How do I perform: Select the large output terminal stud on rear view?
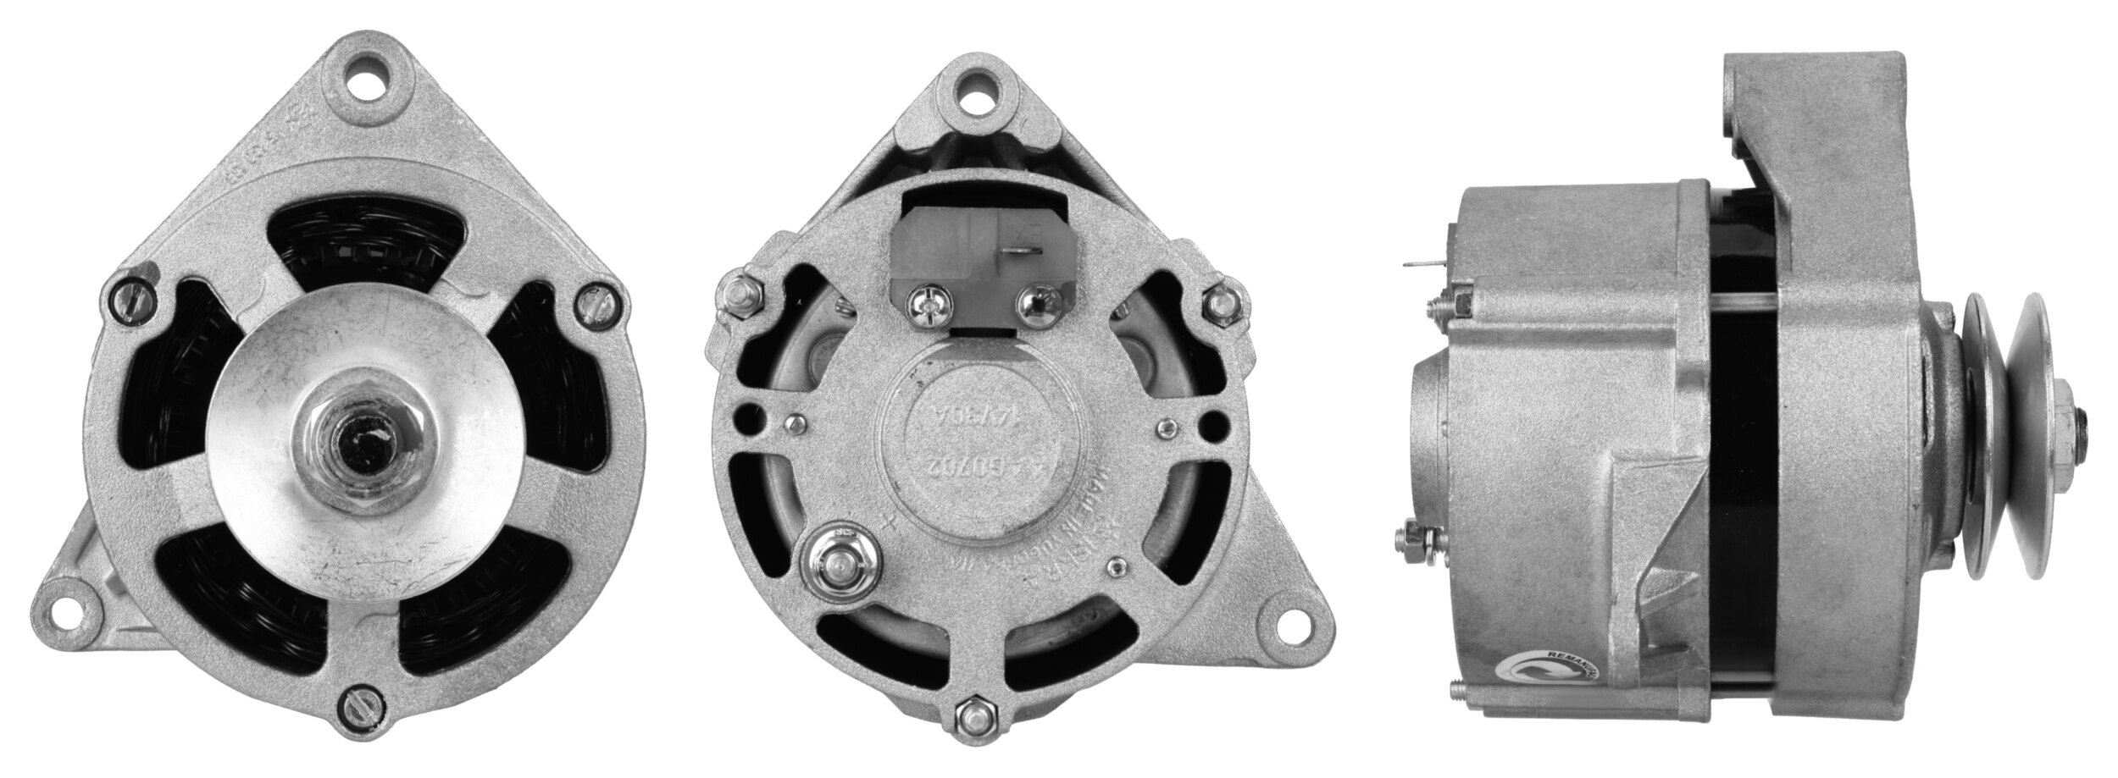[x=838, y=563]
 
